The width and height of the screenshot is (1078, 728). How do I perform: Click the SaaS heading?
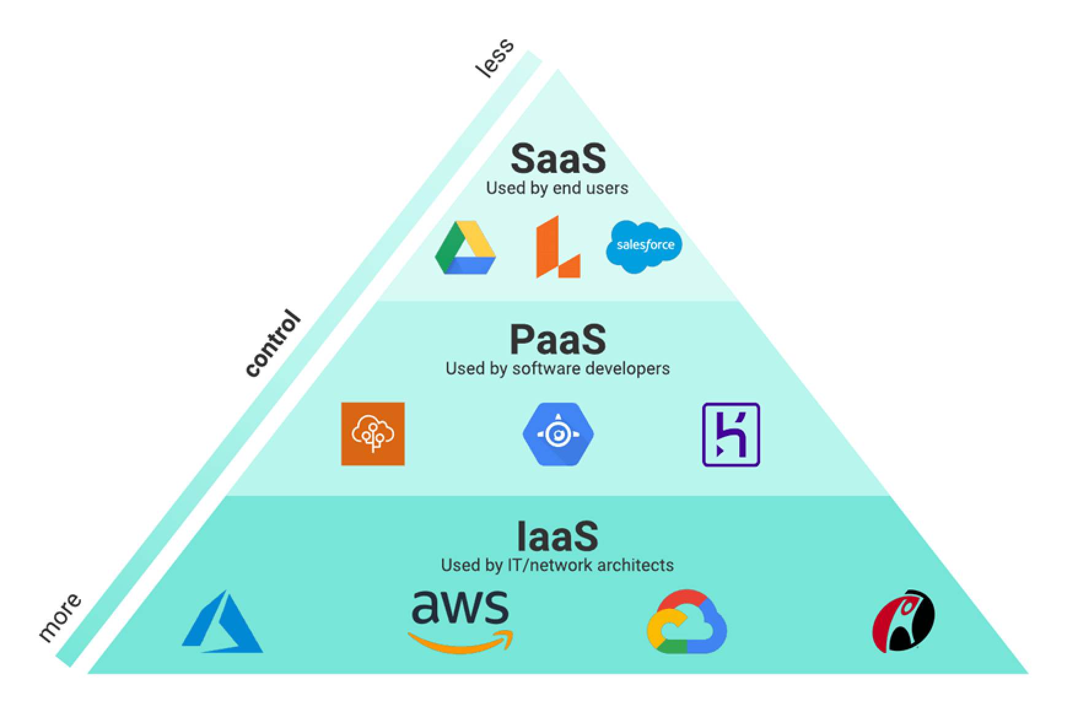[557, 159]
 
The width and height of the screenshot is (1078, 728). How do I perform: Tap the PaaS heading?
[557, 339]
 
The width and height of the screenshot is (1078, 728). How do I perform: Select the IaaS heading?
[557, 536]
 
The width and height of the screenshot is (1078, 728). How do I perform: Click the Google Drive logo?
[465, 247]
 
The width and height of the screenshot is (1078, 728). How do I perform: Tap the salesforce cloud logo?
[644, 246]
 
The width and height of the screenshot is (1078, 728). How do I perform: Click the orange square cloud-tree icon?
[373, 434]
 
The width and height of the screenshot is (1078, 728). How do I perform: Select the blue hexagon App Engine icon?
[558, 434]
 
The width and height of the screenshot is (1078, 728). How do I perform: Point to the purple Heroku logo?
[731, 434]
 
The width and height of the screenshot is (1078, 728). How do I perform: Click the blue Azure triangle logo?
[222, 623]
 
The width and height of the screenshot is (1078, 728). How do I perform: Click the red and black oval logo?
[903, 621]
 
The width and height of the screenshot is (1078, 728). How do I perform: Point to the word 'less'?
[495, 58]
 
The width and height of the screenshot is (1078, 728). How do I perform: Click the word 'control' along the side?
[272, 344]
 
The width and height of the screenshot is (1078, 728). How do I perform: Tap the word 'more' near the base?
[59, 618]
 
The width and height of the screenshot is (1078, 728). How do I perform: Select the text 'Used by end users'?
[557, 188]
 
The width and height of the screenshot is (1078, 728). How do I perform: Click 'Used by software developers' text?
[557, 369]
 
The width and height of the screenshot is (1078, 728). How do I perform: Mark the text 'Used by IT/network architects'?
[557, 565]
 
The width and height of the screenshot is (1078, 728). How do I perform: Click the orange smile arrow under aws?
[460, 642]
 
